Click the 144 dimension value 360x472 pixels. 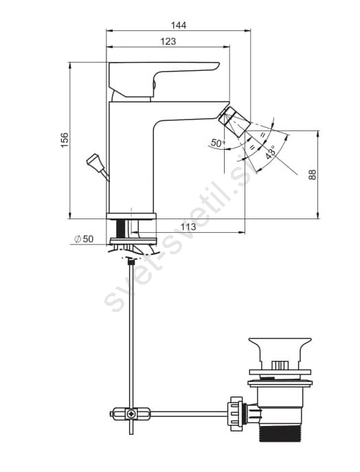[179, 25]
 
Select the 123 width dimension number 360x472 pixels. [168, 41]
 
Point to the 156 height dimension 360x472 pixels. [65, 139]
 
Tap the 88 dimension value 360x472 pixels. [313, 175]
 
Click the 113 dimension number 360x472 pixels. [189, 226]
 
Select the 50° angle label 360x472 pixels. [218, 142]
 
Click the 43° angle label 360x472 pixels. [270, 153]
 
